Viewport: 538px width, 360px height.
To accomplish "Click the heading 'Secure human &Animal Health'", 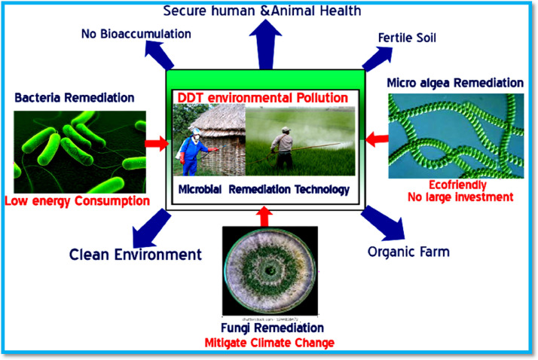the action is [273, 11].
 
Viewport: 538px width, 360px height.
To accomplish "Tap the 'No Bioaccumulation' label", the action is [136, 34].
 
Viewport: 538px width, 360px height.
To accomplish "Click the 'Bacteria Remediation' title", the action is [74, 97].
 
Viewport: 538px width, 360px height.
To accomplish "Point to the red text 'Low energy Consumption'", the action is [77, 201].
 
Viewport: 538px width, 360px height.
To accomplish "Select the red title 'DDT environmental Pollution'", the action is [262, 98].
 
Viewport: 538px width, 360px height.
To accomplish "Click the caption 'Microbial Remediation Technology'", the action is [264, 189].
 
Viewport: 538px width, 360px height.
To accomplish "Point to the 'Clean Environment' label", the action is [136, 254].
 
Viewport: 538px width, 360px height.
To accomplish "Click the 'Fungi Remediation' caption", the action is [274, 328].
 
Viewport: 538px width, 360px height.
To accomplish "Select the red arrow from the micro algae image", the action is [374, 137].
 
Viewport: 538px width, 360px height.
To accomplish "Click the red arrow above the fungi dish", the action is [263, 218].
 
